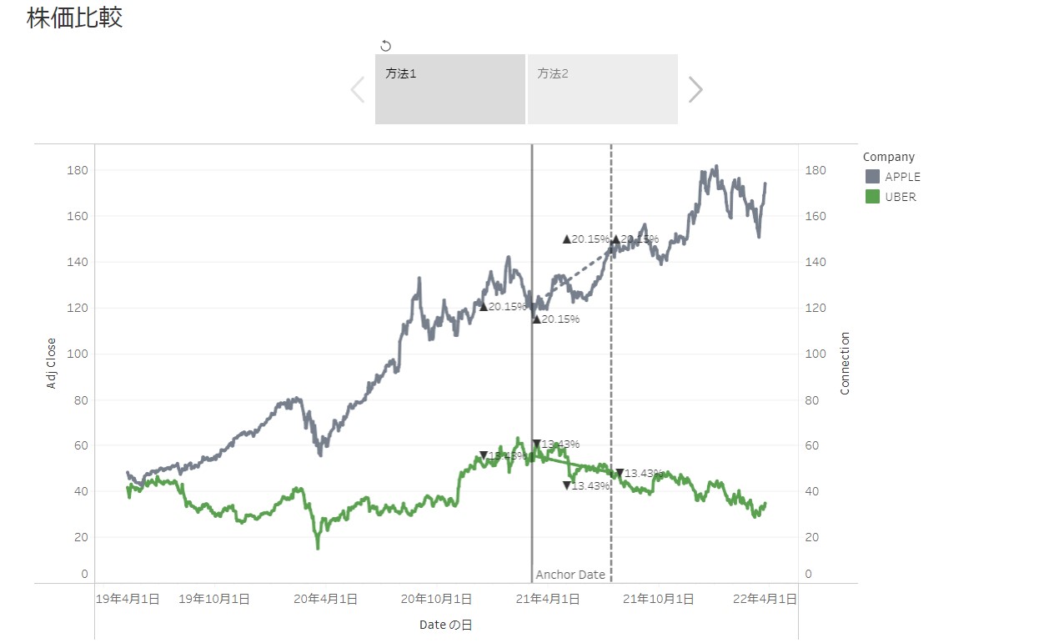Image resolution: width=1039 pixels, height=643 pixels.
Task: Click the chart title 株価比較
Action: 75,18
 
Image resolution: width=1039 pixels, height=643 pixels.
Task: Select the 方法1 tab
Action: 449,89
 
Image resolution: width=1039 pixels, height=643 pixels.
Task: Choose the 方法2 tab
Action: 602,89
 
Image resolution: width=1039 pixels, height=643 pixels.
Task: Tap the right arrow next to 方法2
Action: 695,89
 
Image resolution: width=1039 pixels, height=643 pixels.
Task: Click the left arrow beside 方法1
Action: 358,89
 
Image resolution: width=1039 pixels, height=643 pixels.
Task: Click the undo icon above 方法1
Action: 385,46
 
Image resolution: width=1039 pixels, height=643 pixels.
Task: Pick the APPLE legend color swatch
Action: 872,177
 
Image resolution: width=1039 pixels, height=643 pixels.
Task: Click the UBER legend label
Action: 900,198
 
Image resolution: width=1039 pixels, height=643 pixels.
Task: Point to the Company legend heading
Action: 888,157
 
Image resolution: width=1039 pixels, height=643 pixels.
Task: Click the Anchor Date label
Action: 570,575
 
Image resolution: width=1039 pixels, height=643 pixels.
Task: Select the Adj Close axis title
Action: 52,363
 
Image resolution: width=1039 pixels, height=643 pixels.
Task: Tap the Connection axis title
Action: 845,363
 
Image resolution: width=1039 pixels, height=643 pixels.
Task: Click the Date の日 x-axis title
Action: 446,625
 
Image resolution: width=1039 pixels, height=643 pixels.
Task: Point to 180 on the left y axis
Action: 78,170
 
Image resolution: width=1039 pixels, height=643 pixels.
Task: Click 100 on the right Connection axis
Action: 815,354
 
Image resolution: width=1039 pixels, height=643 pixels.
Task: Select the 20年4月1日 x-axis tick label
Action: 327,599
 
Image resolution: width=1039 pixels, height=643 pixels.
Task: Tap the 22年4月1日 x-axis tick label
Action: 765,599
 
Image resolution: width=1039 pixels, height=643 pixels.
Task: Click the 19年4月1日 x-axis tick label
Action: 128,599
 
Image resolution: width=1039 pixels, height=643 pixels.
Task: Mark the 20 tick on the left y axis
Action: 82,537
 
